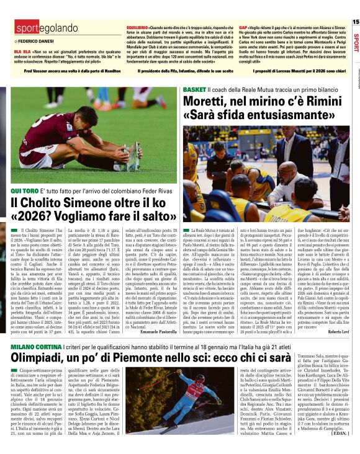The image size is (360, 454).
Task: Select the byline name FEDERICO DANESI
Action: pyautogui.click(x=34, y=40)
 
